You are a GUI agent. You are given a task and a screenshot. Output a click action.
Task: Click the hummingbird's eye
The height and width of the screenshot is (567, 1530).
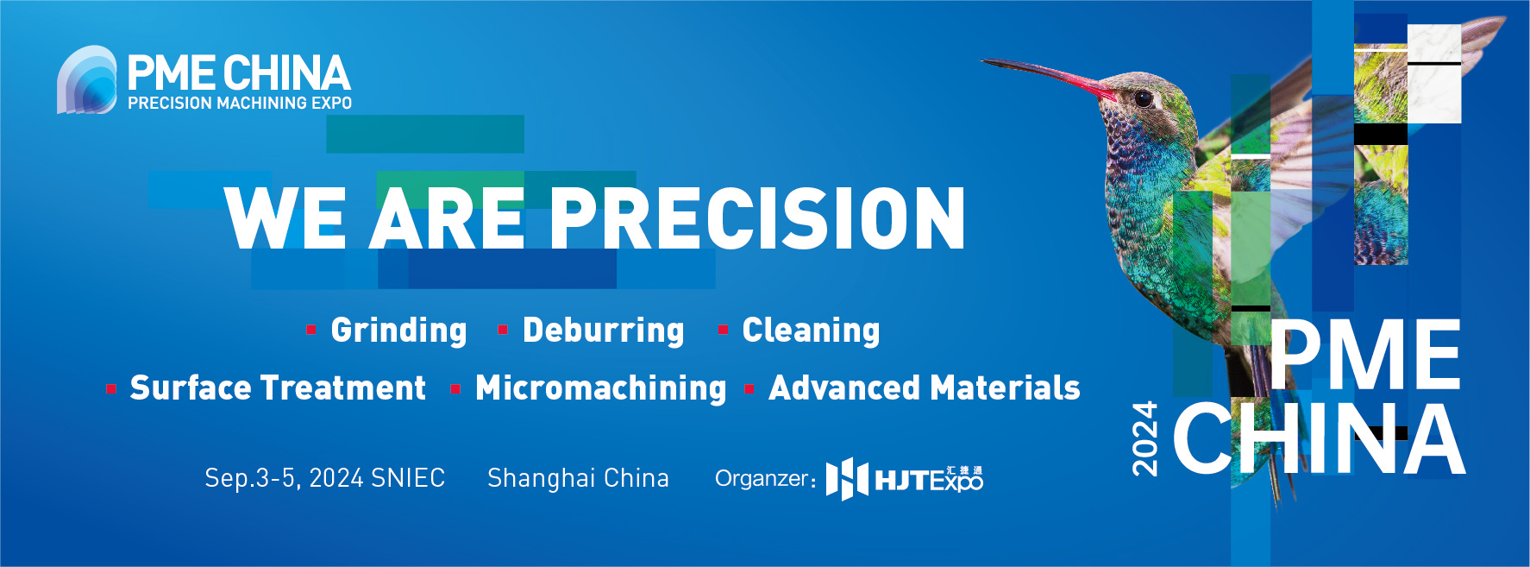click(x=1143, y=98)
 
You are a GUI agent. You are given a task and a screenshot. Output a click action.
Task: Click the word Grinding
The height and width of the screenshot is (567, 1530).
click(x=398, y=331)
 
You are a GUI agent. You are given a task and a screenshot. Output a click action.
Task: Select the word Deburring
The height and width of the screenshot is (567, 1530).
click(x=603, y=331)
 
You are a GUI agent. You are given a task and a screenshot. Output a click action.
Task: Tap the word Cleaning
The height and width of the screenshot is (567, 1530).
click(x=811, y=331)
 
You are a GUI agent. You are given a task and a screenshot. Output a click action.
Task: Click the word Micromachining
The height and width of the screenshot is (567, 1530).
click(x=600, y=388)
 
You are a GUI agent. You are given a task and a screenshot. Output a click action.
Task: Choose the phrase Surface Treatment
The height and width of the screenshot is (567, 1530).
click(x=278, y=388)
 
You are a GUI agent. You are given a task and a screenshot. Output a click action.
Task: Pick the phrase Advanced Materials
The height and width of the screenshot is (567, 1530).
click(x=924, y=388)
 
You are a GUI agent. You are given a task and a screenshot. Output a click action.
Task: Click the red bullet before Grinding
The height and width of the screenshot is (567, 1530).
click(x=311, y=330)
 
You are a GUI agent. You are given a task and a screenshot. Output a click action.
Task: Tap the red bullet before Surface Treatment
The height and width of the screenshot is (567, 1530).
click(x=111, y=389)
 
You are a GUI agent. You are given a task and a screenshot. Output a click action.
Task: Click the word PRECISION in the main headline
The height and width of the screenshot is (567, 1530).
click(x=757, y=218)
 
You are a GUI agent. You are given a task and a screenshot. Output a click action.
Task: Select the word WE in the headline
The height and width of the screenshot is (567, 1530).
click(x=285, y=218)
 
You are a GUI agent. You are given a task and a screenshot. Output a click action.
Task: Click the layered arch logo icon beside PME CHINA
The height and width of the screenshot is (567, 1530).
click(x=86, y=79)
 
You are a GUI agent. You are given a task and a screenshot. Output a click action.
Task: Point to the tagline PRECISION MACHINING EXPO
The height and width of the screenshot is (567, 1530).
click(x=240, y=103)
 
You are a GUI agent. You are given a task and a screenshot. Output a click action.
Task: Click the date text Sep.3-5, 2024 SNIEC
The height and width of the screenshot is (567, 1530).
click(x=324, y=478)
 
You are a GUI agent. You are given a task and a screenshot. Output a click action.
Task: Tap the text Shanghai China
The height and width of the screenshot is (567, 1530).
click(x=578, y=478)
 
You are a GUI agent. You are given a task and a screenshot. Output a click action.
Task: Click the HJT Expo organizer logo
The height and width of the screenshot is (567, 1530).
click(x=904, y=479)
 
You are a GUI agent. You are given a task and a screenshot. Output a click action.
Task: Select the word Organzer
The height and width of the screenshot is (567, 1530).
click(x=765, y=479)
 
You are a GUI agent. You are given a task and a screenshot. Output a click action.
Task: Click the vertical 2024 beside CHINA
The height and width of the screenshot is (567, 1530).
click(x=1144, y=438)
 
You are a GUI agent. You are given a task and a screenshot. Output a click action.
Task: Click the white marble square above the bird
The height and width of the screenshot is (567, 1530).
click(x=1434, y=74)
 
